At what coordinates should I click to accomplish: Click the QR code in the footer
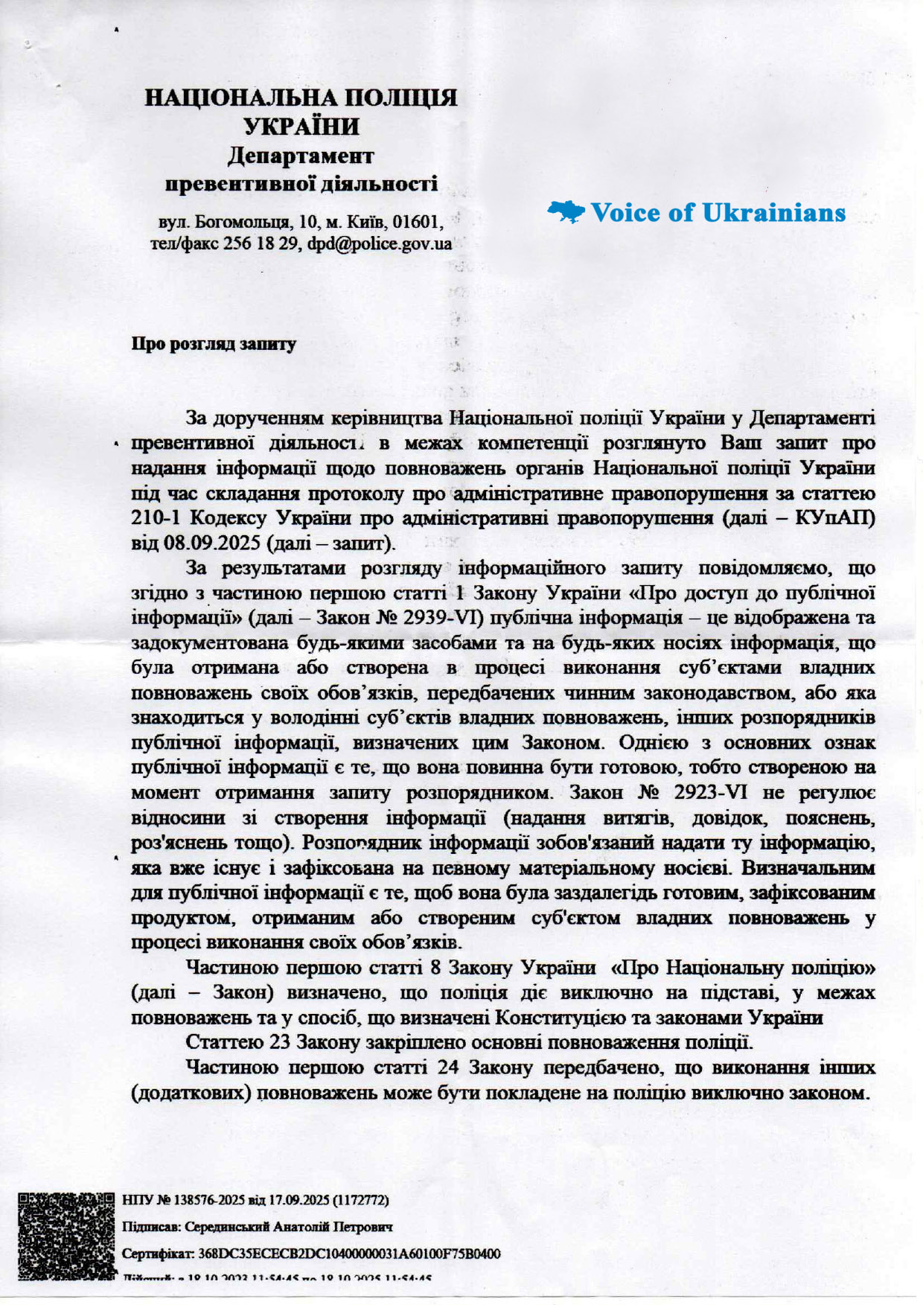pos(68,1237)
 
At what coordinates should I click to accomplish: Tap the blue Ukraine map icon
pos(566,213)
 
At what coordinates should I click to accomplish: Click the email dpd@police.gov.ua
pos(380,244)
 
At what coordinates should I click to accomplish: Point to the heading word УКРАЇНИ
pos(301,127)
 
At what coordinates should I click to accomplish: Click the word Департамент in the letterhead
pos(301,156)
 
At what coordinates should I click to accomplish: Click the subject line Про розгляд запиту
pos(214,344)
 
